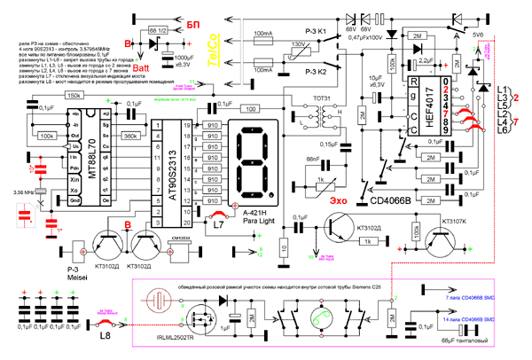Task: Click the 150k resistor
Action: point(74,95)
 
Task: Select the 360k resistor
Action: point(130,137)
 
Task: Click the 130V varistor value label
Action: point(300,43)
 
